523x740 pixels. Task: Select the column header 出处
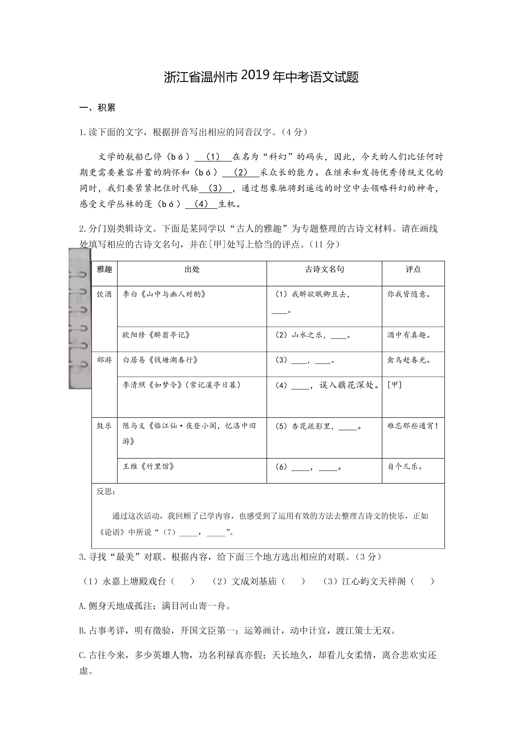192,269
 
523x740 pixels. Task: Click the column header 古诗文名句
324,269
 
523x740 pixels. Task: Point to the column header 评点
413,269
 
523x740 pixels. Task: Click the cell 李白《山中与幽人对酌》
164,294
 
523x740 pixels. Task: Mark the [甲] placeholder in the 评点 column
394,385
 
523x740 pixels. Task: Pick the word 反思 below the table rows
106,491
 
